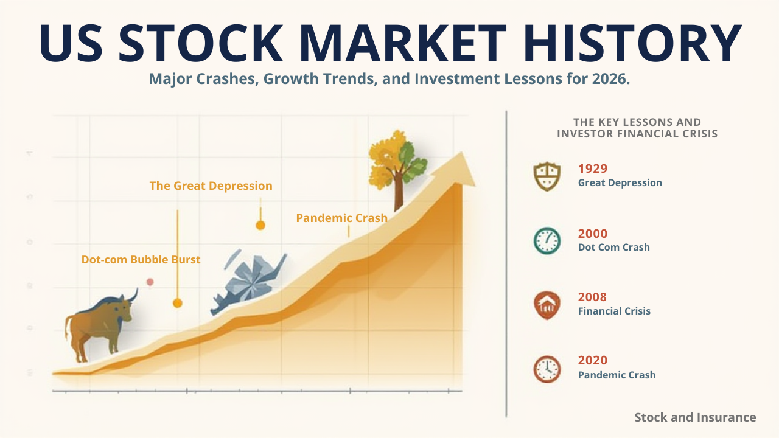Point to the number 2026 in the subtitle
click(x=608, y=80)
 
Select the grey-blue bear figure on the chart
click(x=246, y=283)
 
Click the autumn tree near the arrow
click(x=397, y=161)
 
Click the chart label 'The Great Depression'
click(x=211, y=186)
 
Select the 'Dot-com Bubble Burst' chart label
click(x=141, y=260)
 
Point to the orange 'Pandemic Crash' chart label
click(x=341, y=218)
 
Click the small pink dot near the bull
click(x=150, y=282)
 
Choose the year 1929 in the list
click(x=593, y=169)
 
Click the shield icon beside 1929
click(x=547, y=176)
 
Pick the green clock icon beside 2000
click(x=547, y=241)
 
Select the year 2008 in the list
click(x=593, y=297)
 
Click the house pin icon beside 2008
click(x=547, y=305)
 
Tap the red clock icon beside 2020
click(x=547, y=369)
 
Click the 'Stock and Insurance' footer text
click(x=695, y=417)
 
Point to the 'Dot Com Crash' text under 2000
click(x=613, y=248)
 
